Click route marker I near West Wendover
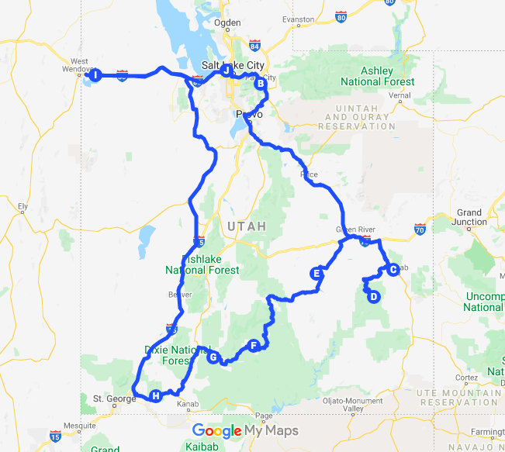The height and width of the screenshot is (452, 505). pos(95,75)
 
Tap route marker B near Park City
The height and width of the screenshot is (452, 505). pos(261,83)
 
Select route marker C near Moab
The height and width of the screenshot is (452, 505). pos(393,269)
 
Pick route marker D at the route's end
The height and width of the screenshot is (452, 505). pos(373,296)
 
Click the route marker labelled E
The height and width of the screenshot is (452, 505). pos(316,273)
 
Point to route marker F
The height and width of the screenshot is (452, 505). pos(253,345)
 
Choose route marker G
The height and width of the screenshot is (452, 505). pos(213,357)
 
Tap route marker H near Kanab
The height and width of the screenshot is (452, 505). pos(156,396)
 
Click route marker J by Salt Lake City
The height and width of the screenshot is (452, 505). pos(227,70)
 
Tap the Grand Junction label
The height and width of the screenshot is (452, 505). pos(469,217)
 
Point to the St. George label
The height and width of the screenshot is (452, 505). pos(109,399)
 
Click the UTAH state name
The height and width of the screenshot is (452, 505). pos(247,226)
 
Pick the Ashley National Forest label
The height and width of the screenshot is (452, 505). pos(378,76)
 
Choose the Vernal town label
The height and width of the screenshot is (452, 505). pos(400,95)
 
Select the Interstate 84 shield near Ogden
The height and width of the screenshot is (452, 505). pos(255,45)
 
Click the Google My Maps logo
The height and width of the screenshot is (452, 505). pos(244,431)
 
